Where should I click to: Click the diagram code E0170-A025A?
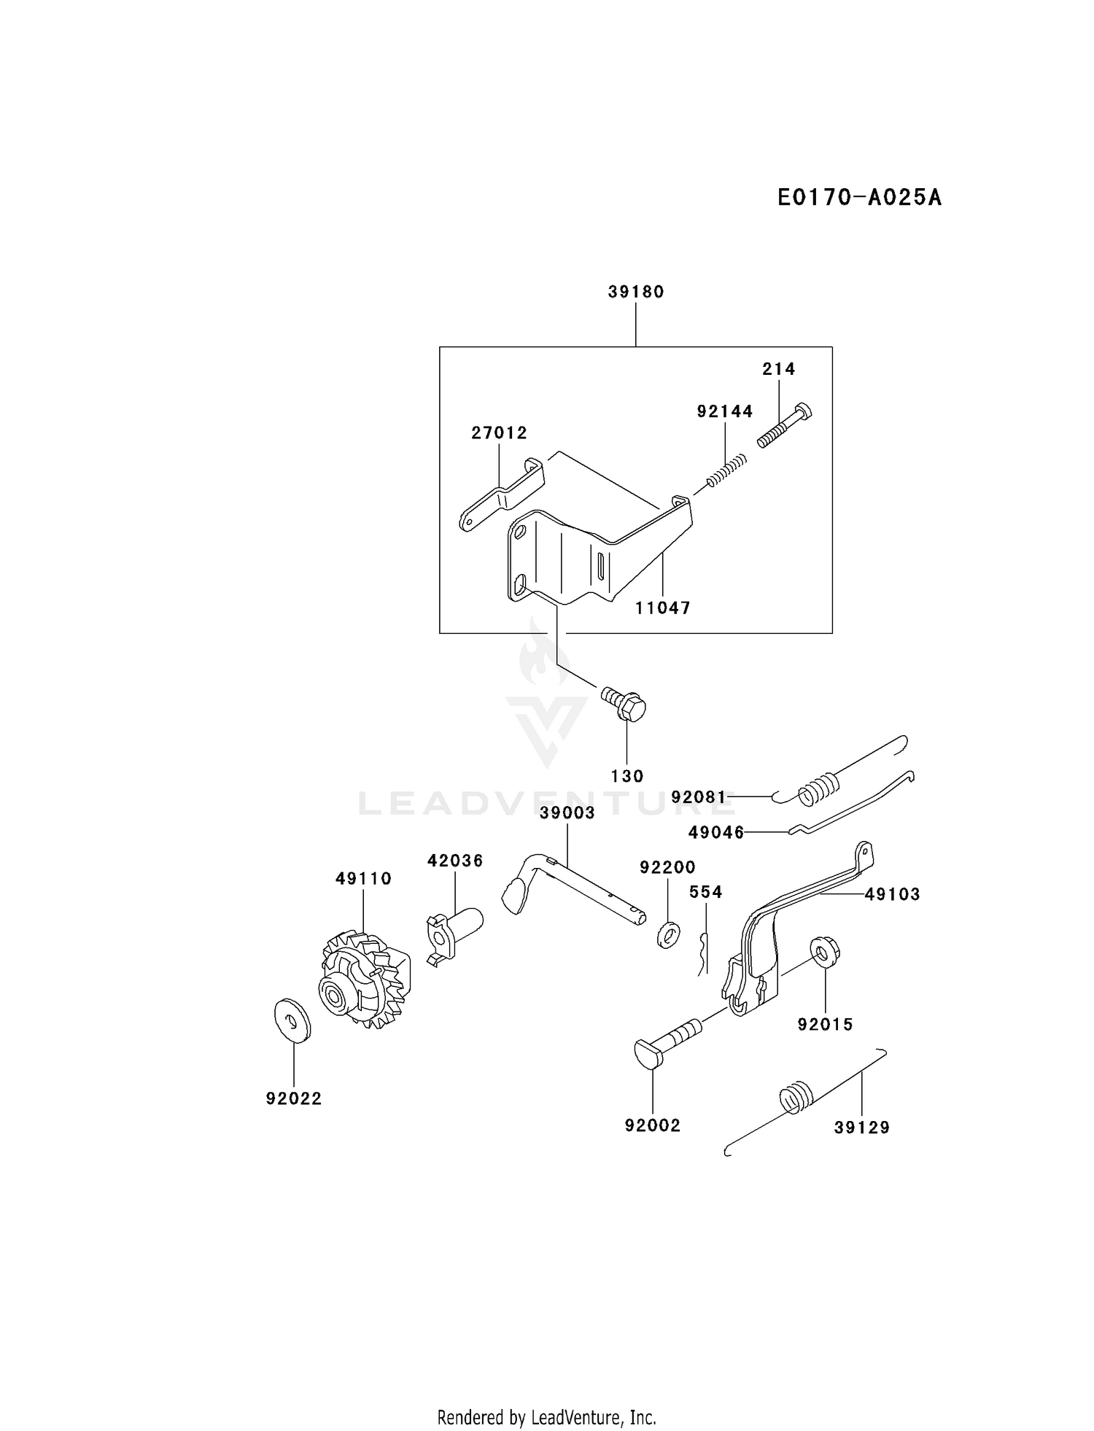[859, 198]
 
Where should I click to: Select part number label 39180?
[636, 292]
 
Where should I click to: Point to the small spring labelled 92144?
[726, 473]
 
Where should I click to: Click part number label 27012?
[499, 433]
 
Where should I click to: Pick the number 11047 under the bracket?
[662, 608]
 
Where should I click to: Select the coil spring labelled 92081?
[822, 788]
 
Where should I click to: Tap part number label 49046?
[716, 832]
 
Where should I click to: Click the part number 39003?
[567, 813]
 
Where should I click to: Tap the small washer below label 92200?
[667, 934]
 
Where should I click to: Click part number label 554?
[706, 892]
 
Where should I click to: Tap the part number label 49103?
[892, 894]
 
